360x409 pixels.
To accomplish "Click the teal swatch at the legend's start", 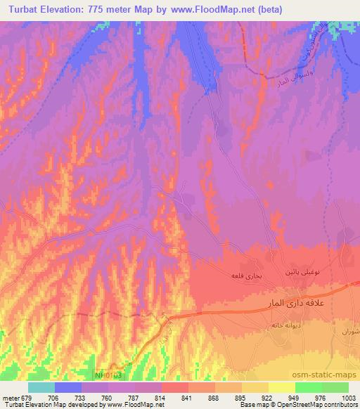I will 41,387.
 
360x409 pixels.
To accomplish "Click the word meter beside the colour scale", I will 12,396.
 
